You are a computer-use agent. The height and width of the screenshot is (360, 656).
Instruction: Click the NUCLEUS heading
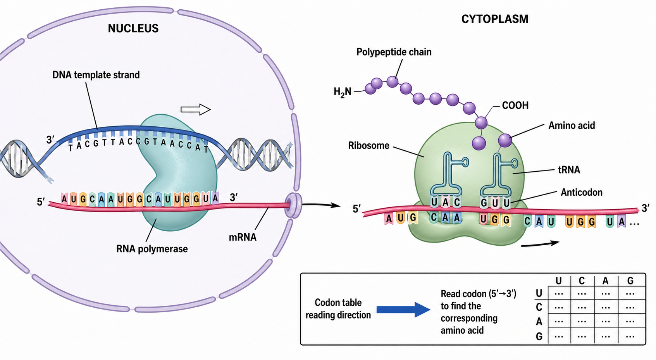coord(133,28)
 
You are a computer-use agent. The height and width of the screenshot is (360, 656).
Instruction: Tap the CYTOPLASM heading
coord(495,19)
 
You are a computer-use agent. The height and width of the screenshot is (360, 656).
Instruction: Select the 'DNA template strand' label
coord(96,75)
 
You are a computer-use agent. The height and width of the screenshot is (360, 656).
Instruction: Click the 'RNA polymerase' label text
coord(152,249)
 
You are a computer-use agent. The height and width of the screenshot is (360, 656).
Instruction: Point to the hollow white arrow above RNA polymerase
coord(196,110)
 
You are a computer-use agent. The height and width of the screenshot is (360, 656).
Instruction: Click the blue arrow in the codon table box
coord(403,310)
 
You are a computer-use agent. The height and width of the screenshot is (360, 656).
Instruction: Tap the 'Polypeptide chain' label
coord(394,52)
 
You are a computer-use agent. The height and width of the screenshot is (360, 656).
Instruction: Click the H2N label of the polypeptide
coord(343,92)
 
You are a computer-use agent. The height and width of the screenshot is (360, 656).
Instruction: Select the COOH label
coord(515,105)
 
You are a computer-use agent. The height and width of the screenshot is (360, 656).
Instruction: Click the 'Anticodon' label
coord(582,193)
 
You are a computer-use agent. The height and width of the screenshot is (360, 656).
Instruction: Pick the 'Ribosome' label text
coord(369,146)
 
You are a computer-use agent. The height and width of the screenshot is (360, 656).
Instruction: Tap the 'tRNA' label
coord(569,170)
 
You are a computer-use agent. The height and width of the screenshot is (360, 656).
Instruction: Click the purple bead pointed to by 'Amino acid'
coord(505,140)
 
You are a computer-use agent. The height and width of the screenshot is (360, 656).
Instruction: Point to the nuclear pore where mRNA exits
coord(293,205)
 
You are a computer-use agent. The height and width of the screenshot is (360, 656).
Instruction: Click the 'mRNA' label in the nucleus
coord(243,237)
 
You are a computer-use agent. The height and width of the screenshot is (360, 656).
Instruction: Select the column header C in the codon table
coord(582,281)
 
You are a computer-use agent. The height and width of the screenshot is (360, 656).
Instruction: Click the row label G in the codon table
coord(539,337)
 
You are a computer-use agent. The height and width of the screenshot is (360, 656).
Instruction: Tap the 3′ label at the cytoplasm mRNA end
coord(646,208)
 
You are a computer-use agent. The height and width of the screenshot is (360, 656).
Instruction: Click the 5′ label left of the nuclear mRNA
coord(41,202)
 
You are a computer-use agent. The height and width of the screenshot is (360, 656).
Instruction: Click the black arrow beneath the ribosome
coord(540,244)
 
